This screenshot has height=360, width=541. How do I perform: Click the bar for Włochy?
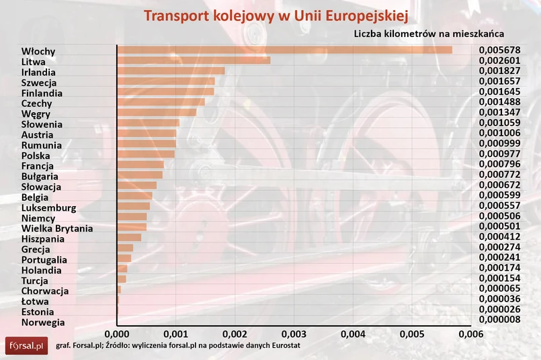[x=284, y=50]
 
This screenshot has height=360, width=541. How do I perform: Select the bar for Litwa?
[x=194, y=60]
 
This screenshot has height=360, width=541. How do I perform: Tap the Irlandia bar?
[x=171, y=71]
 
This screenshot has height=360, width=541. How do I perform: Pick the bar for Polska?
[x=146, y=154]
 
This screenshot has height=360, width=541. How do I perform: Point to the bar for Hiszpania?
[x=129, y=238]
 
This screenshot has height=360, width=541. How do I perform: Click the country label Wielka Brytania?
[x=57, y=228]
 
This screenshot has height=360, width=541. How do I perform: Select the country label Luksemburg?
[x=48, y=208]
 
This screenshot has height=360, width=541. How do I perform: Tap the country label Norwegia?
[x=43, y=322]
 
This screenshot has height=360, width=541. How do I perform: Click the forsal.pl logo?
[x=26, y=346]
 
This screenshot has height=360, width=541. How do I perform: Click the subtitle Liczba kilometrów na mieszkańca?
[x=429, y=33]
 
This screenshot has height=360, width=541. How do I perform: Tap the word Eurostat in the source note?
[x=284, y=345]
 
